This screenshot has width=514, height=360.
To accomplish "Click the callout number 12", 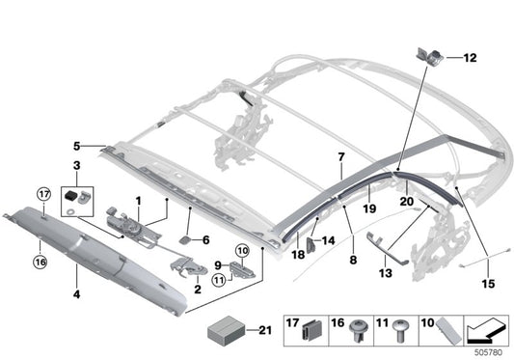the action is (x=470, y=58).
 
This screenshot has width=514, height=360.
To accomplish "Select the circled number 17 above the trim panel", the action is (x=44, y=194).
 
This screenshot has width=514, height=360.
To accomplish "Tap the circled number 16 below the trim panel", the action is (x=40, y=262).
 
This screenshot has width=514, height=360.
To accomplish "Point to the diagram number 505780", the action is (x=488, y=353).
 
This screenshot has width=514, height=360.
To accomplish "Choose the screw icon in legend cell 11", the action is (x=400, y=331).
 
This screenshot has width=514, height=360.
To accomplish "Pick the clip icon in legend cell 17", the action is (x=311, y=331).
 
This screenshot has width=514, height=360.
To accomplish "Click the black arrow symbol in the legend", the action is (x=486, y=330).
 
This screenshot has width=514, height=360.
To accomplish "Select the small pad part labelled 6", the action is (x=185, y=240).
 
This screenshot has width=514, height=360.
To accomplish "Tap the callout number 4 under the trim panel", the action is (x=76, y=294).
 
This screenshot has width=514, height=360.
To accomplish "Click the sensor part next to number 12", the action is (x=430, y=55).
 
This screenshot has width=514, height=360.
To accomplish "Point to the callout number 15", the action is (x=488, y=284).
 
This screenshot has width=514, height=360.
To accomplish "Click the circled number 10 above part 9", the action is (x=242, y=251).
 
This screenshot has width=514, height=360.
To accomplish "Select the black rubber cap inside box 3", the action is (x=70, y=195).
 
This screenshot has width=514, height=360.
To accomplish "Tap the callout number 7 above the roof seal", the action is (x=341, y=157).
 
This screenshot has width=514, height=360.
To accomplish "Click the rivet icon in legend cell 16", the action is (x=357, y=331).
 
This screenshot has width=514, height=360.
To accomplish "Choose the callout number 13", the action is (x=386, y=273).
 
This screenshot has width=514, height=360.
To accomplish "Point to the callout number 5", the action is (x=76, y=146).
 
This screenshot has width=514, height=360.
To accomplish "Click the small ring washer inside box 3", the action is (x=69, y=212).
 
